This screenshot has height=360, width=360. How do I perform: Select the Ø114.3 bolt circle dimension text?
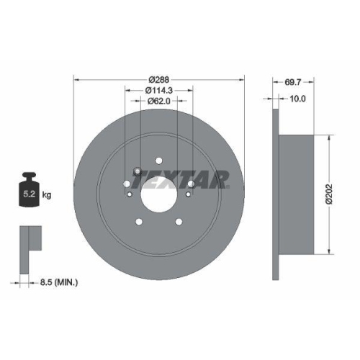tap(159, 90)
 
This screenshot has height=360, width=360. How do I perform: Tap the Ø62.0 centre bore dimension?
tap(159, 102)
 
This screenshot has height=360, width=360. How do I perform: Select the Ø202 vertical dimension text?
tap(328, 195)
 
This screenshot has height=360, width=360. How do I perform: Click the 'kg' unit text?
tap(48, 195)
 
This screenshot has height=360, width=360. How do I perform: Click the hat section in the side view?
tap(299, 195)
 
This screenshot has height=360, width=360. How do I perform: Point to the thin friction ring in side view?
tap(276, 195)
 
